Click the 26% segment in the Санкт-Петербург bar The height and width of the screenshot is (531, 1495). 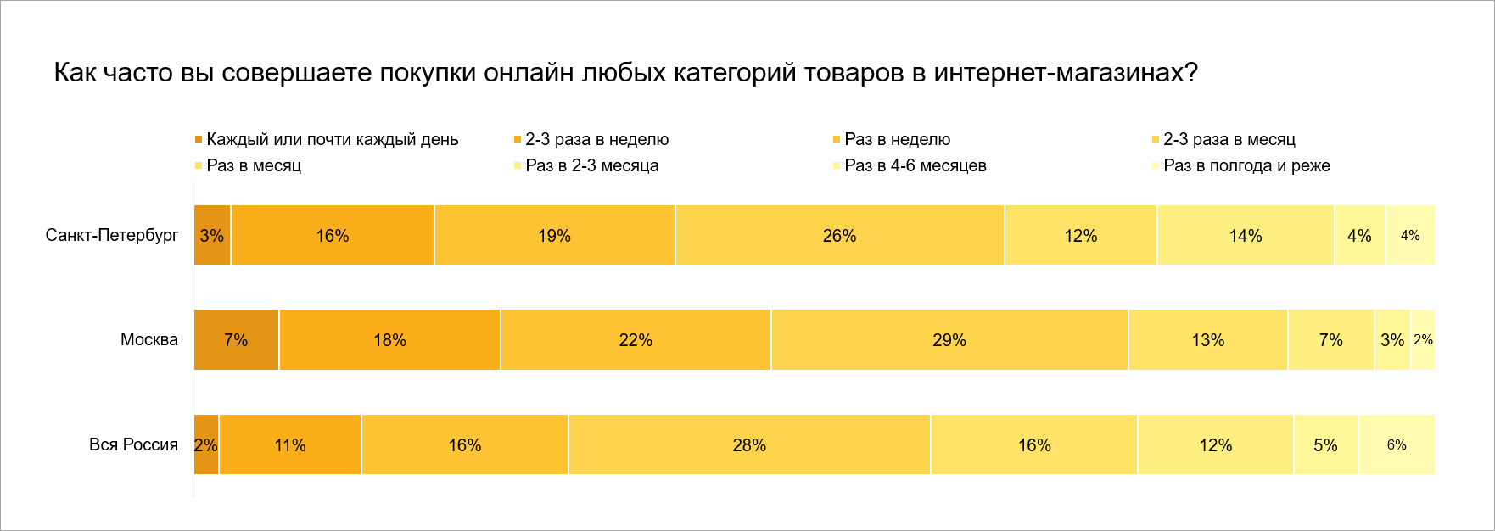coord(839,236)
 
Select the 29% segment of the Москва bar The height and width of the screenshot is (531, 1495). coord(949,340)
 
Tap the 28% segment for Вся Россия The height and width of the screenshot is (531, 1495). coord(749,445)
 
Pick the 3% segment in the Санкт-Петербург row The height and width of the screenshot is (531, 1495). coord(212,236)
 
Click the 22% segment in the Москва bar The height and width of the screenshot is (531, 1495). coord(636,340)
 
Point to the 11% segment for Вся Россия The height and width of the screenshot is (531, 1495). coord(290,445)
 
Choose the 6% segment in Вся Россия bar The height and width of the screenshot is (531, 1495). coord(1397,445)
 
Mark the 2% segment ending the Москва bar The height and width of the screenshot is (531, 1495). coord(1423,340)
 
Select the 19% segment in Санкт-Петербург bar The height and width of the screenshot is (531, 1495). coord(554,236)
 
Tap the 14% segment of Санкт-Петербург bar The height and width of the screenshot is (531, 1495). coord(1246,236)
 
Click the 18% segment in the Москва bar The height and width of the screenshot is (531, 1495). coord(389,340)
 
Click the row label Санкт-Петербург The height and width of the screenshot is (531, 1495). coord(112,235)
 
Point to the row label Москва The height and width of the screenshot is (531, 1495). coord(149,340)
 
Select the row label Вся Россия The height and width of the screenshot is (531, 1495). coord(133,444)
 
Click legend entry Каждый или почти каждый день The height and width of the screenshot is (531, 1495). coord(332,139)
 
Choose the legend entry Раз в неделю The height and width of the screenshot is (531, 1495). coord(897,139)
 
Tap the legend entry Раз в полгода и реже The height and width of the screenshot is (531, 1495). coord(1246,165)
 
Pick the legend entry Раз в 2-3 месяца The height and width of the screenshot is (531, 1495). coord(591,165)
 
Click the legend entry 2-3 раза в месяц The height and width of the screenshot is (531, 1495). coord(1229,139)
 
